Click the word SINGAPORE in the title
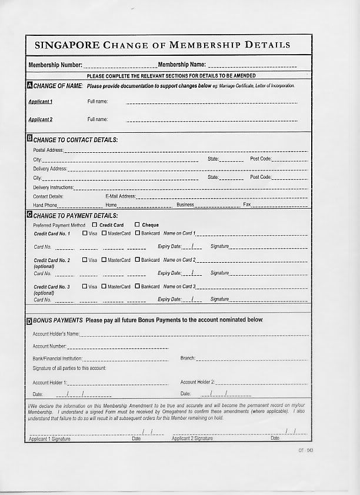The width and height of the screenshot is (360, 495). pos(66,45)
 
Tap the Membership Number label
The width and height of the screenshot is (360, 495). pos(55,65)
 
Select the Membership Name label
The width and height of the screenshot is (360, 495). pos(182,65)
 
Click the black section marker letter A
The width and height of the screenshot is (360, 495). pos(30,86)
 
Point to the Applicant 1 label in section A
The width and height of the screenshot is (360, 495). pos(41,102)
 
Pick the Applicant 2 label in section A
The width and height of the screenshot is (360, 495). pos(41,119)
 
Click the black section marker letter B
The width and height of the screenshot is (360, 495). pos(30,140)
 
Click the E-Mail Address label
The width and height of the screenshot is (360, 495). pos(121,196)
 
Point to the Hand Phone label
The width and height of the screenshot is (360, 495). pos(45,205)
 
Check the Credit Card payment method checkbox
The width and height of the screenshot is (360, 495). pos(95,225)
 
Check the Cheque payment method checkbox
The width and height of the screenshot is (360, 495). pos(137,225)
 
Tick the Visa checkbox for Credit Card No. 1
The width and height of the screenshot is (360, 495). pos(85,233)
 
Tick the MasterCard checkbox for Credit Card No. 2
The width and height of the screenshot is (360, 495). pos(104,260)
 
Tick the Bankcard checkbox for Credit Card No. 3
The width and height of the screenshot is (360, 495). pos(137,286)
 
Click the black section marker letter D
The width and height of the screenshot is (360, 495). pos(30,321)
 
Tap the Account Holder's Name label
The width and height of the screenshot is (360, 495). pos(56,334)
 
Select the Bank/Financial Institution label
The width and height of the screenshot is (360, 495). pos(58,358)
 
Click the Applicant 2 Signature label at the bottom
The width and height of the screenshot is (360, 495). pos(192,439)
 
